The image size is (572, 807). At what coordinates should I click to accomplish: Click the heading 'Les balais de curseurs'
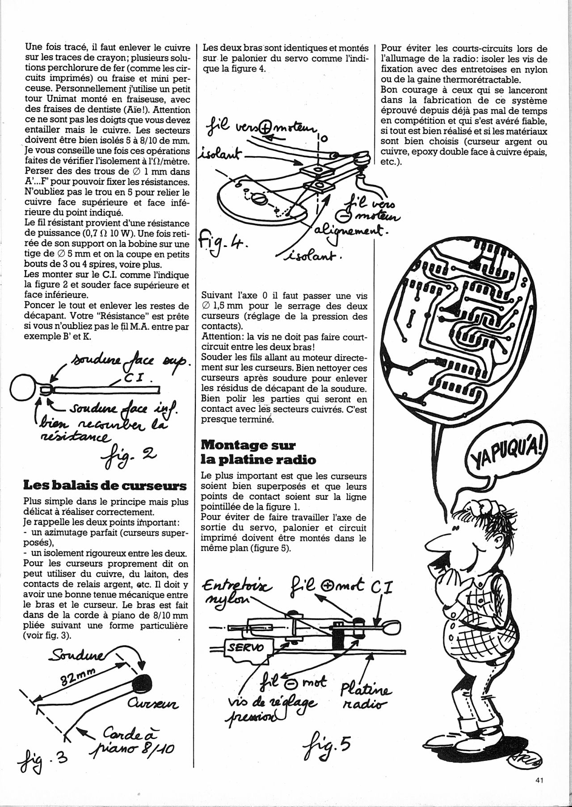(105, 485)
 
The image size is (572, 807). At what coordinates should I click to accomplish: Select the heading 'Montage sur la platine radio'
(248, 452)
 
